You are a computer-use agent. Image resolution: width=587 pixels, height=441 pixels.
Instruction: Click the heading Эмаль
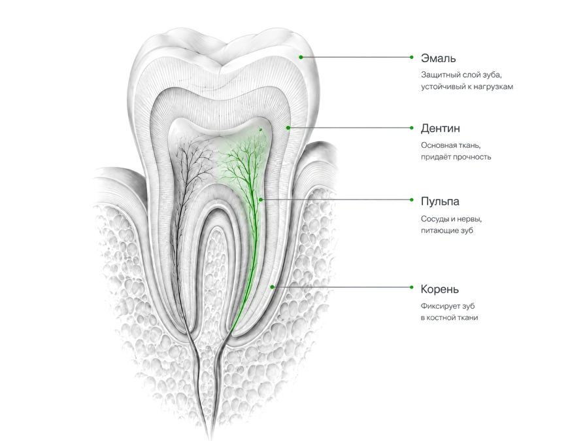pos(438,58)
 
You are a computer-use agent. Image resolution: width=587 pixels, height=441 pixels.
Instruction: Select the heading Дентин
pos(441,128)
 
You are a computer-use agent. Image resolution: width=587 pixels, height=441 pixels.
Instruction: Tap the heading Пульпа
pos(440,202)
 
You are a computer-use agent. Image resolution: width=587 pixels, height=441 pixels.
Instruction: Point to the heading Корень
pos(439,289)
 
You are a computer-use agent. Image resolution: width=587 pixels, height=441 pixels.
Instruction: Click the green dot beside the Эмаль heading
pos(411,58)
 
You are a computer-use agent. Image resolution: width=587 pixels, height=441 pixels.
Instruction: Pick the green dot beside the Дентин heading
pos(411,128)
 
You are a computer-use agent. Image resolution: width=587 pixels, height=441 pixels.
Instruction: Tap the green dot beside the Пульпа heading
pos(411,200)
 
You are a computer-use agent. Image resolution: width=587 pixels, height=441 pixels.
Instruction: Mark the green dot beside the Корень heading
pos(411,287)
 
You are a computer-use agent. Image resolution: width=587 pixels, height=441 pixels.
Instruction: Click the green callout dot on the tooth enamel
pos(301,58)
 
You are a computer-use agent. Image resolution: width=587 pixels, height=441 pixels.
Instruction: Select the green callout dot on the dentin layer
pos(288,128)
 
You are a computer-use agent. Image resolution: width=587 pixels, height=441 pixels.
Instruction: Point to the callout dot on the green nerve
pos(261,200)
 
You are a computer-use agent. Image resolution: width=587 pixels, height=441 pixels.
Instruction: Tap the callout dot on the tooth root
pos(273,287)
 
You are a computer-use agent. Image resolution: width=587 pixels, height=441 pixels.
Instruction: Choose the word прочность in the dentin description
pos(472,157)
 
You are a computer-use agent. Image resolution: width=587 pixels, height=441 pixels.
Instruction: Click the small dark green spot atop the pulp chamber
pos(260,130)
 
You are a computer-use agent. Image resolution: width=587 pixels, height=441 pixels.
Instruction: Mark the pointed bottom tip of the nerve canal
pos(210,438)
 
